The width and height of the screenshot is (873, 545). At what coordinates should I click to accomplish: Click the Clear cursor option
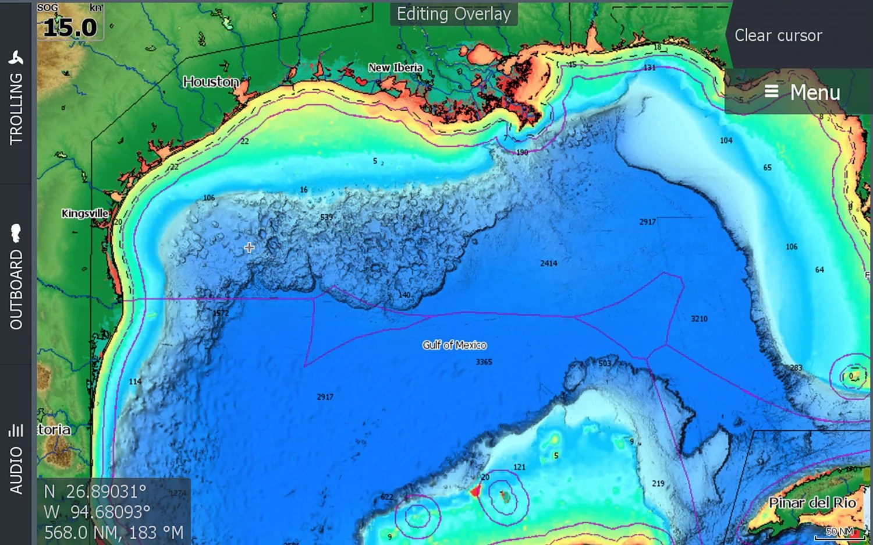tap(778, 36)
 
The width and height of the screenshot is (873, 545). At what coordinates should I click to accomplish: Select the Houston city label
tap(211, 82)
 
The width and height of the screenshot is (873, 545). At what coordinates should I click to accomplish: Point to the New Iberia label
tap(395, 68)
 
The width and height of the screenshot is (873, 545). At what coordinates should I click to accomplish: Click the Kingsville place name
tap(85, 213)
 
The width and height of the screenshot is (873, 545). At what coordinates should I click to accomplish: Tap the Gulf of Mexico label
tap(455, 345)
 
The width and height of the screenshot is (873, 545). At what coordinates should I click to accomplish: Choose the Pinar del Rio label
tap(812, 502)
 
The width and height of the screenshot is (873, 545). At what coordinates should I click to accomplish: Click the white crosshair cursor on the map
tap(249, 247)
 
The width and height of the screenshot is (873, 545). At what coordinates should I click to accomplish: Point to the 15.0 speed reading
tap(70, 27)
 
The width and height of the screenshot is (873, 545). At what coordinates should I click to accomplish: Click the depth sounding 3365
tap(484, 362)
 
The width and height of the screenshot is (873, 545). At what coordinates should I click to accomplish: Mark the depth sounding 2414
tap(548, 263)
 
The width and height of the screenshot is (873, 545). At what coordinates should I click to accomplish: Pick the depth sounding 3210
tap(699, 318)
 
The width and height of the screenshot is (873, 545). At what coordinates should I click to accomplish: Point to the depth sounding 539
tap(327, 217)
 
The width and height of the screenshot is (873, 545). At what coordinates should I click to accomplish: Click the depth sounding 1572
tap(221, 313)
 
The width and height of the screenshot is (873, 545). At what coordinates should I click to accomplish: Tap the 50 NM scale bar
tap(840, 532)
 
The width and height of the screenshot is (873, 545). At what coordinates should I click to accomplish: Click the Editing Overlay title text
tap(453, 14)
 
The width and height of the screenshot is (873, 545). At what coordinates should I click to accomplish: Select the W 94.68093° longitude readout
tap(97, 512)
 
